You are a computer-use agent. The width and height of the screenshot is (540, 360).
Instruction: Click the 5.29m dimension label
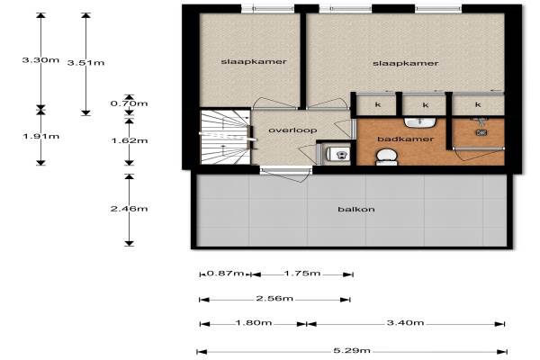click(352, 351)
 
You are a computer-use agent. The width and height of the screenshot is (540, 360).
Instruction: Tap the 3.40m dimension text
click(405, 323)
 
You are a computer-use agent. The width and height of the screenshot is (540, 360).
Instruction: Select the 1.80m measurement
click(254, 323)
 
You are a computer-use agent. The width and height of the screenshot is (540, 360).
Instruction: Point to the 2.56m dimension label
click(274, 298)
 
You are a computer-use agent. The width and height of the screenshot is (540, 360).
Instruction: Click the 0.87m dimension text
click(226, 274)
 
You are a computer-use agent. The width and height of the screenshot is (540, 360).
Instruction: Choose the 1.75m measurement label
click(302, 274)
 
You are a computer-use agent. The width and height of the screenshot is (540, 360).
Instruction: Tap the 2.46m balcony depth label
click(129, 209)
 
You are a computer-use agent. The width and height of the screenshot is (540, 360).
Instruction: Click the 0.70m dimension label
click(129, 103)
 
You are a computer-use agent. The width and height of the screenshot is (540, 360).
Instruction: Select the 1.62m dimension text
click(130, 140)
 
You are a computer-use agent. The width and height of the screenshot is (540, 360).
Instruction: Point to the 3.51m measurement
click(85, 63)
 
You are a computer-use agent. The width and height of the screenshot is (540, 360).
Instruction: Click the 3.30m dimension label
click(40, 60)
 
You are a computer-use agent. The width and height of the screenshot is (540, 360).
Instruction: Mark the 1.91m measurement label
click(41, 137)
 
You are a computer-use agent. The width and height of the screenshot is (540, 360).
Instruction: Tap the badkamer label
click(406, 139)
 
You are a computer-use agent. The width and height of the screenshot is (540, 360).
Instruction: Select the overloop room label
click(292, 130)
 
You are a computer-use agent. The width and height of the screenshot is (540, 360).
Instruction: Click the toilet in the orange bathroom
click(387, 157)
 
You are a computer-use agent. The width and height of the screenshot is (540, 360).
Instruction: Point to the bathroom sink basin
click(420, 122)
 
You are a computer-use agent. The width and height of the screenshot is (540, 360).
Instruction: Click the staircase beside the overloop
click(225, 137)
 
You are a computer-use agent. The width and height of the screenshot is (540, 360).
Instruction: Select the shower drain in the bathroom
click(481, 132)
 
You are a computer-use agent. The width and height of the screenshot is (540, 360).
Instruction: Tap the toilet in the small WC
click(337, 154)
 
